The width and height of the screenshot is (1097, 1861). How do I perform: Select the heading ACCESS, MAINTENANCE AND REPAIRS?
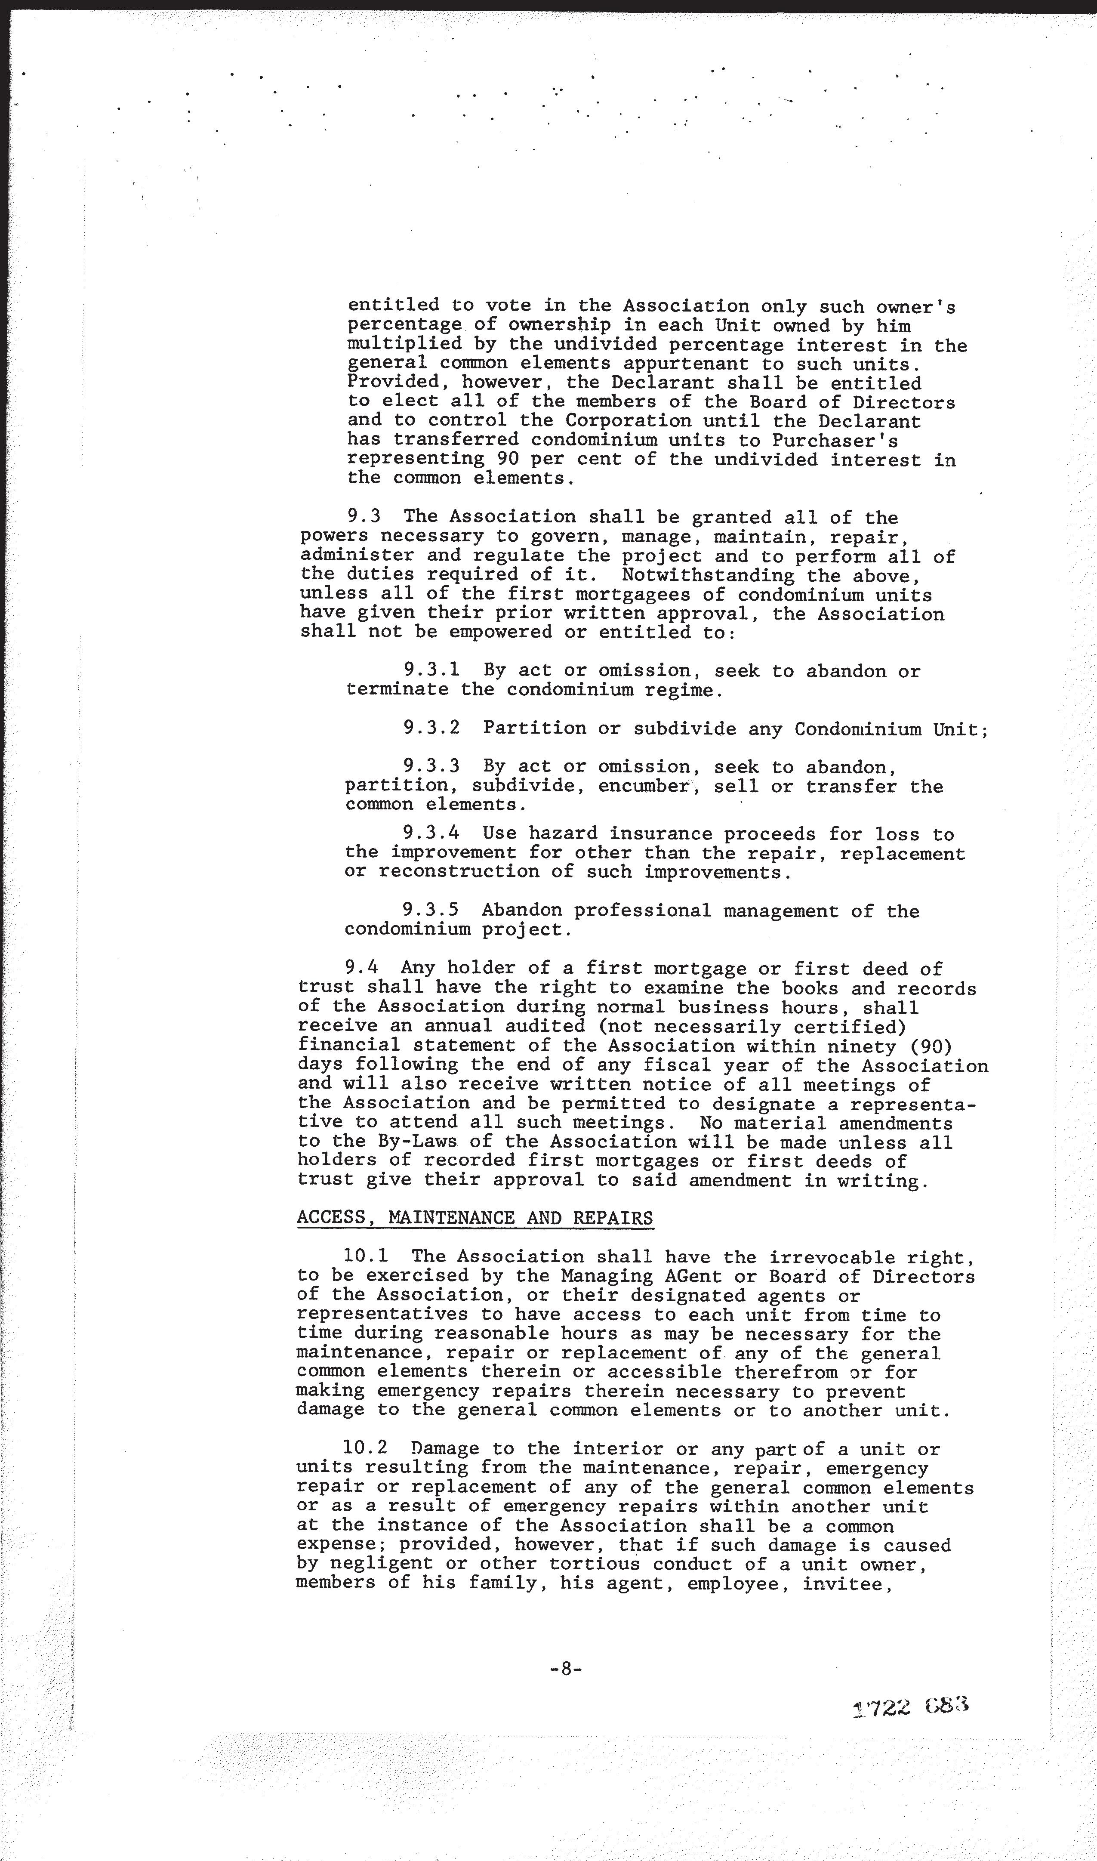point(475,1218)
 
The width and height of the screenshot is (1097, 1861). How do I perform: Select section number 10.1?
point(366,1256)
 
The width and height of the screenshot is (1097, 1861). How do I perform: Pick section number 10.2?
point(366,1448)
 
